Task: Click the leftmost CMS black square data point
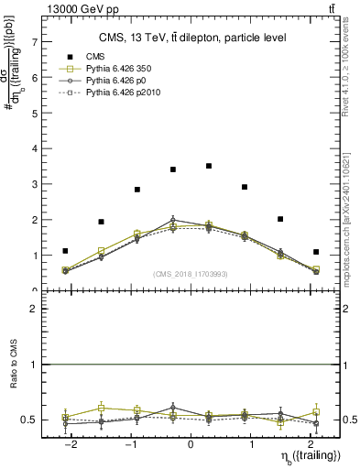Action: pos(65,251)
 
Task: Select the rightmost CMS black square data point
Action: pos(315,252)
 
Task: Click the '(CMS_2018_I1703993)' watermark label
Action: pos(191,273)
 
